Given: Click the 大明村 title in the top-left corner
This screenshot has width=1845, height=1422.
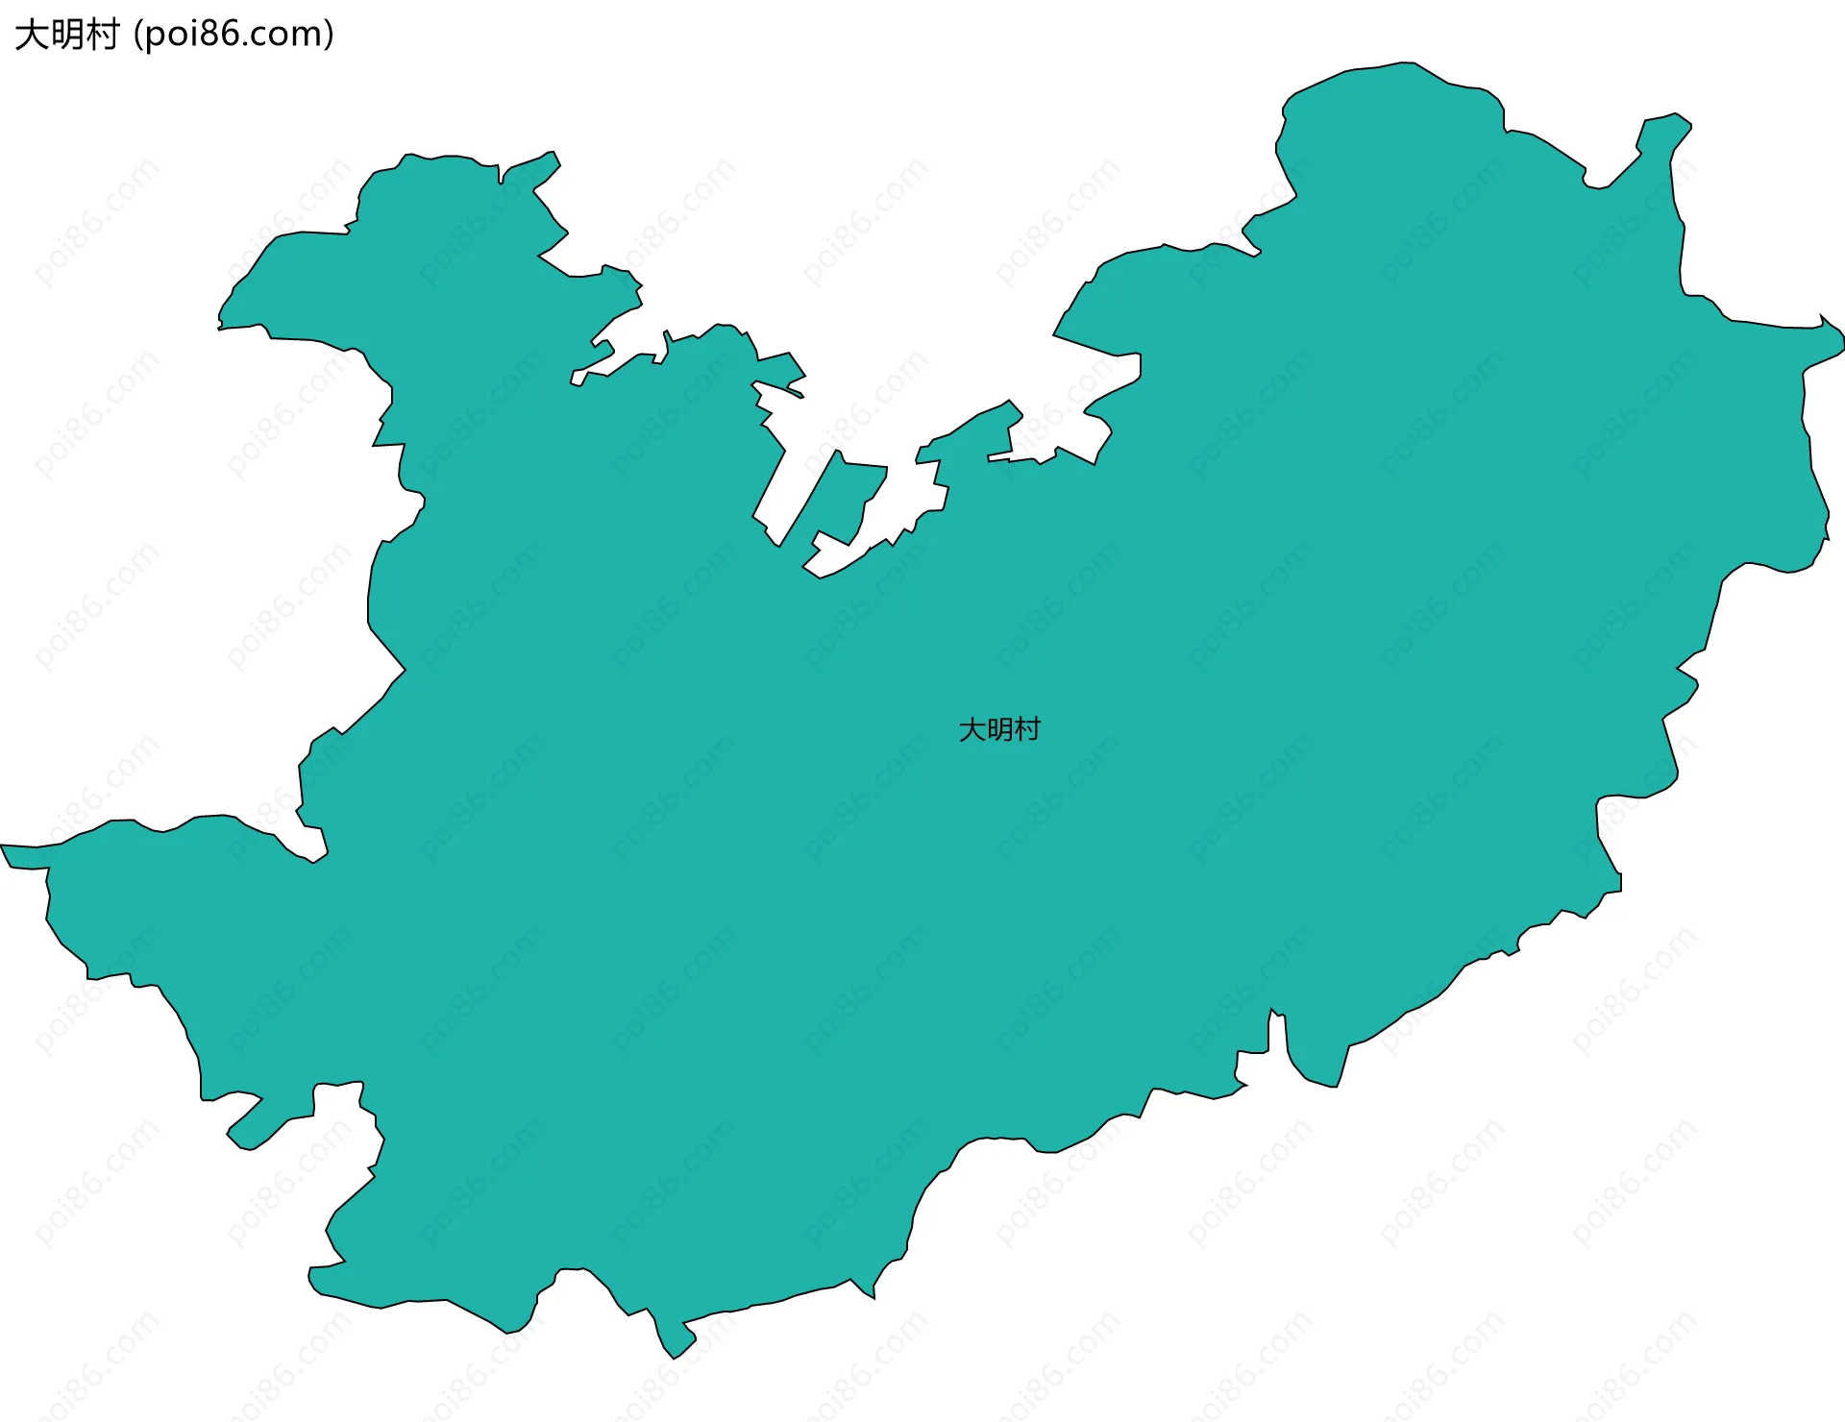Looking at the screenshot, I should [67, 35].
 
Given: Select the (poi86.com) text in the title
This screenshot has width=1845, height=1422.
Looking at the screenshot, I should [234, 35].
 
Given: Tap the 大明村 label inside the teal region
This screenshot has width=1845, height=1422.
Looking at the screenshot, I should [999, 730].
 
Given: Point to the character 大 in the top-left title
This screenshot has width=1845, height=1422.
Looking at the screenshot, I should [32, 35].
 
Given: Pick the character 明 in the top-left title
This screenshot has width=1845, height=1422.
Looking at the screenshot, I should [67, 35].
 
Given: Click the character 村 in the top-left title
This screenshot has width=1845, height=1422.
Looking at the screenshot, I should [102, 35].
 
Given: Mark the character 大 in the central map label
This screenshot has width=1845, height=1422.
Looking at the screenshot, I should [972, 730].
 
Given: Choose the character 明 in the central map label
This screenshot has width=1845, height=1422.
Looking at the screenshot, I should [999, 730].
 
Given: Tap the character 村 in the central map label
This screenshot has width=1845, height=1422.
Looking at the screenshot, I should [1027, 730].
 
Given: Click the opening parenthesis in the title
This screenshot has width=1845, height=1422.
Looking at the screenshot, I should [138, 35].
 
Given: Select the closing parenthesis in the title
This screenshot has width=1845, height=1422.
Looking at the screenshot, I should [330, 35].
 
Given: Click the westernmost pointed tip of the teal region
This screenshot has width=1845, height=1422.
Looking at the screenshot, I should [4, 847].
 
